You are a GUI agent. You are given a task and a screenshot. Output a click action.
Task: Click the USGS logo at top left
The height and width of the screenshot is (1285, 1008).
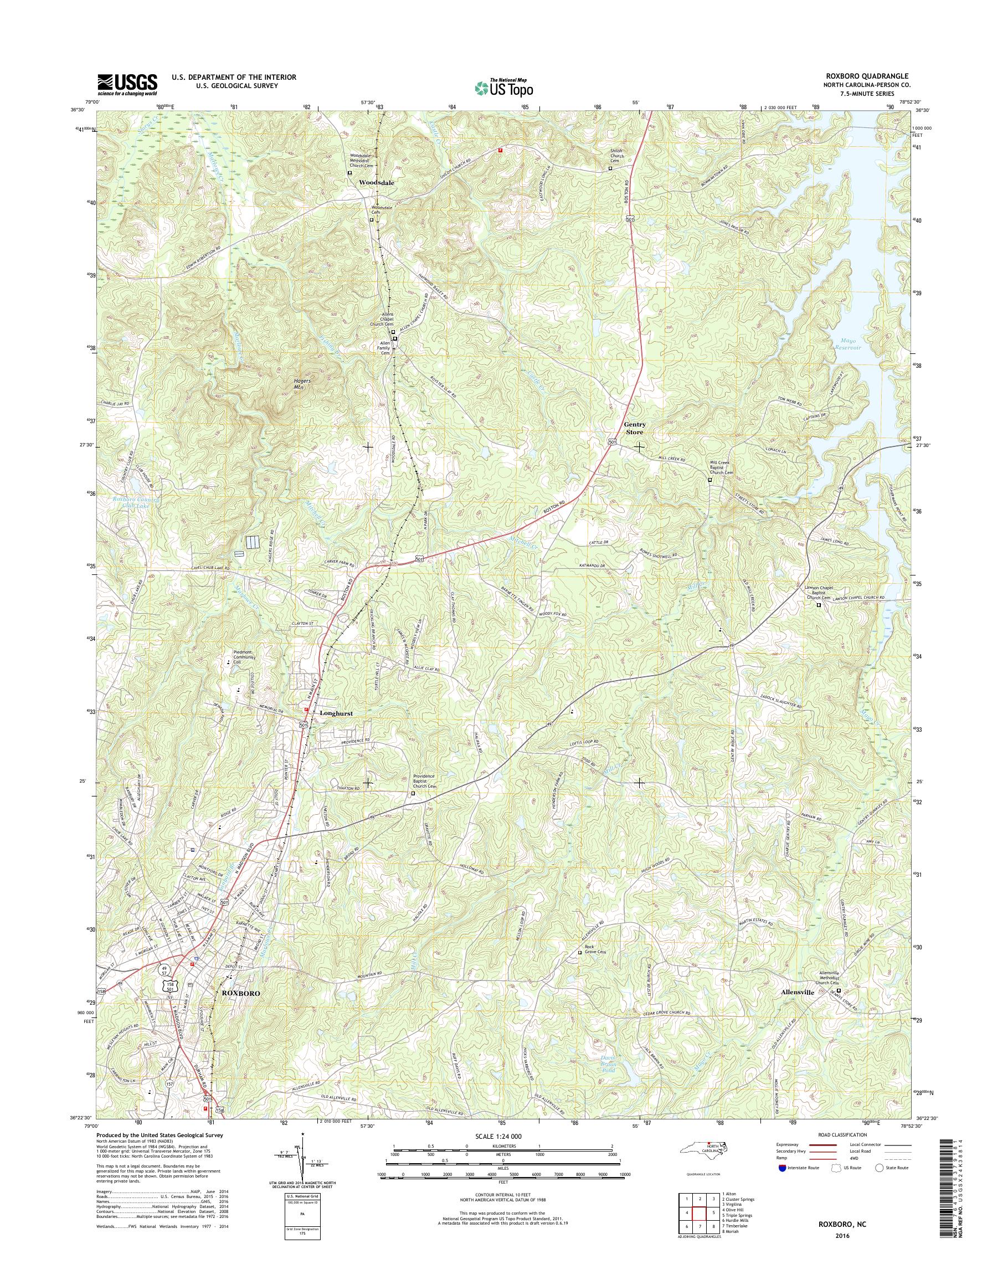pos(127,83)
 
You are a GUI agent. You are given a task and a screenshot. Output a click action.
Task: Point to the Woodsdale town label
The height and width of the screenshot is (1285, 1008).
pos(377,183)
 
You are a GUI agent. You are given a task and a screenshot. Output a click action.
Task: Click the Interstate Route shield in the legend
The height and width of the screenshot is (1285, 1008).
pos(782,1168)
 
